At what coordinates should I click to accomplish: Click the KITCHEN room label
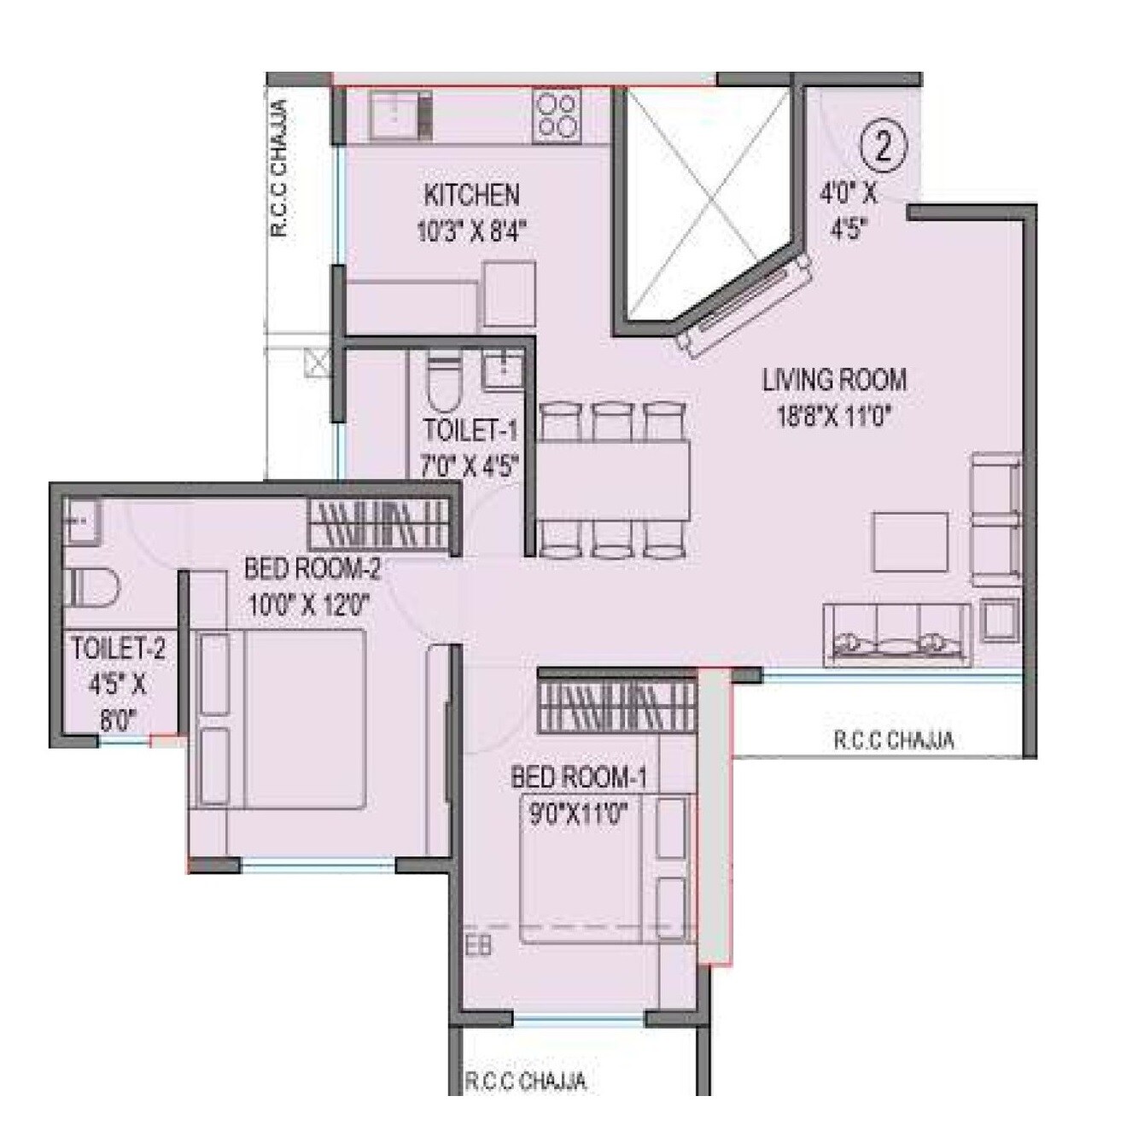(471, 195)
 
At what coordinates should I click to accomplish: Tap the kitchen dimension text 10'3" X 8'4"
(471, 231)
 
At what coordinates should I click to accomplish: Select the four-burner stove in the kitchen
(556, 114)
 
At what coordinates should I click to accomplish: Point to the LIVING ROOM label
(834, 380)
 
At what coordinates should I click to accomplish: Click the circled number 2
(882, 147)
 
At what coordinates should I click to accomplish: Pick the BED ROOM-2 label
(312, 568)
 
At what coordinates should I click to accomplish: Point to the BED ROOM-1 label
(578, 778)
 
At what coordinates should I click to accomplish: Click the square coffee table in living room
(909, 541)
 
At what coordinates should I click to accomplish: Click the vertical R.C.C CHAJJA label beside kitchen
(279, 169)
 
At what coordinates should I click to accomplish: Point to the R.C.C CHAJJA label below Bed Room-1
(526, 1082)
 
